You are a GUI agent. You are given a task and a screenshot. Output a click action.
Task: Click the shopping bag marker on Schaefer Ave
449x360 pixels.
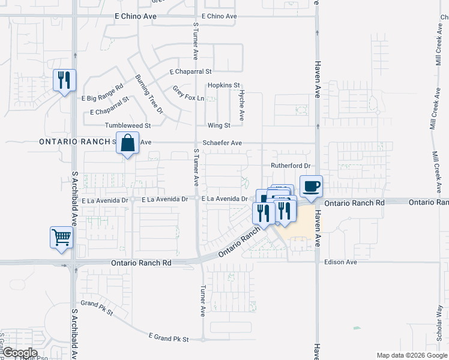[127, 143]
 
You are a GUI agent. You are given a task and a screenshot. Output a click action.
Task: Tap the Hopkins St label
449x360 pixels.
[224, 86]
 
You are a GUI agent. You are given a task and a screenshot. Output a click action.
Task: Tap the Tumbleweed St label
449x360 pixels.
[127, 125]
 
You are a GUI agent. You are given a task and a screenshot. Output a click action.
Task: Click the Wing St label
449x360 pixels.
[218, 125]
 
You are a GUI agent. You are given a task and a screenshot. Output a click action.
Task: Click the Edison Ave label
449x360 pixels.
[340, 262]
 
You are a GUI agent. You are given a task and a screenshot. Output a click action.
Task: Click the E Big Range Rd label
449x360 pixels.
[101, 97]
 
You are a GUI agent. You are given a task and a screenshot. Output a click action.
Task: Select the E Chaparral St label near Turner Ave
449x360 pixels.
[191, 71]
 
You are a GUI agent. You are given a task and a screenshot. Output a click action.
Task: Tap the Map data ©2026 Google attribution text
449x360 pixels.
[411, 355]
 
